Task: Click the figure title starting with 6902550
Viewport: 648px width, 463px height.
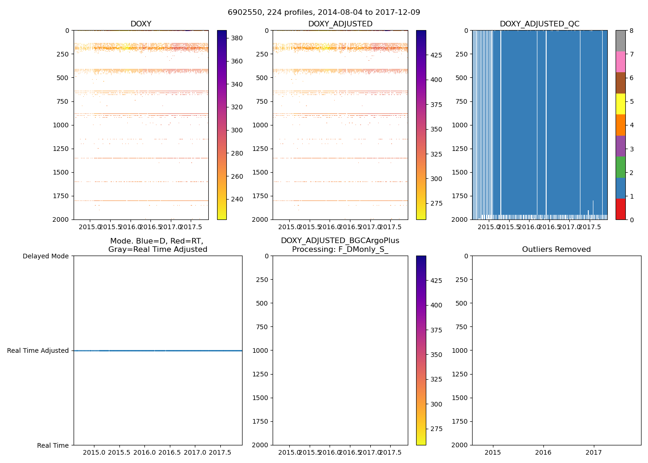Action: tap(324, 13)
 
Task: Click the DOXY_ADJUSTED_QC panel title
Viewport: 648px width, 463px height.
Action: tap(539, 24)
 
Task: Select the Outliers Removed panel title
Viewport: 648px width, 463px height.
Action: tap(556, 250)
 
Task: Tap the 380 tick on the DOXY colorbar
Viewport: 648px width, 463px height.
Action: tap(237, 38)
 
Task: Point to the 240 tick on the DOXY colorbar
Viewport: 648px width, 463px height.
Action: tap(237, 200)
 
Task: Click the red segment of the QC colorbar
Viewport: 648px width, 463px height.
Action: tap(620, 209)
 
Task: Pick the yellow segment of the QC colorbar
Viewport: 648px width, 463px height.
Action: tap(620, 104)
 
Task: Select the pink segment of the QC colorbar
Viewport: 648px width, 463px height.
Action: tap(620, 62)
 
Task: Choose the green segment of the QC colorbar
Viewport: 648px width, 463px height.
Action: tap(620, 167)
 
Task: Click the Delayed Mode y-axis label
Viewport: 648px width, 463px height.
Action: tap(45, 256)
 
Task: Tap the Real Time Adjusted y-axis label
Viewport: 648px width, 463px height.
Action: tap(38, 351)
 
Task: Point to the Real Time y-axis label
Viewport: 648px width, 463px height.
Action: tap(53, 445)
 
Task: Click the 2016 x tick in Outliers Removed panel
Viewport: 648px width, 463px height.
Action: tap(543, 452)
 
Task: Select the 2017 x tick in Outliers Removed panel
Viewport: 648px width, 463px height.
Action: tap(594, 452)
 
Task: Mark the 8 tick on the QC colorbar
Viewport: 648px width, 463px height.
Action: tap(632, 31)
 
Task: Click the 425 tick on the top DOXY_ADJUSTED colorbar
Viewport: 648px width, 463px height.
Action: tap(436, 55)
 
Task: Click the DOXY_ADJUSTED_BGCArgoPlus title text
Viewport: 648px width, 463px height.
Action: tap(340, 241)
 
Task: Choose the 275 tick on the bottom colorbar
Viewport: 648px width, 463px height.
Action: tap(436, 429)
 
